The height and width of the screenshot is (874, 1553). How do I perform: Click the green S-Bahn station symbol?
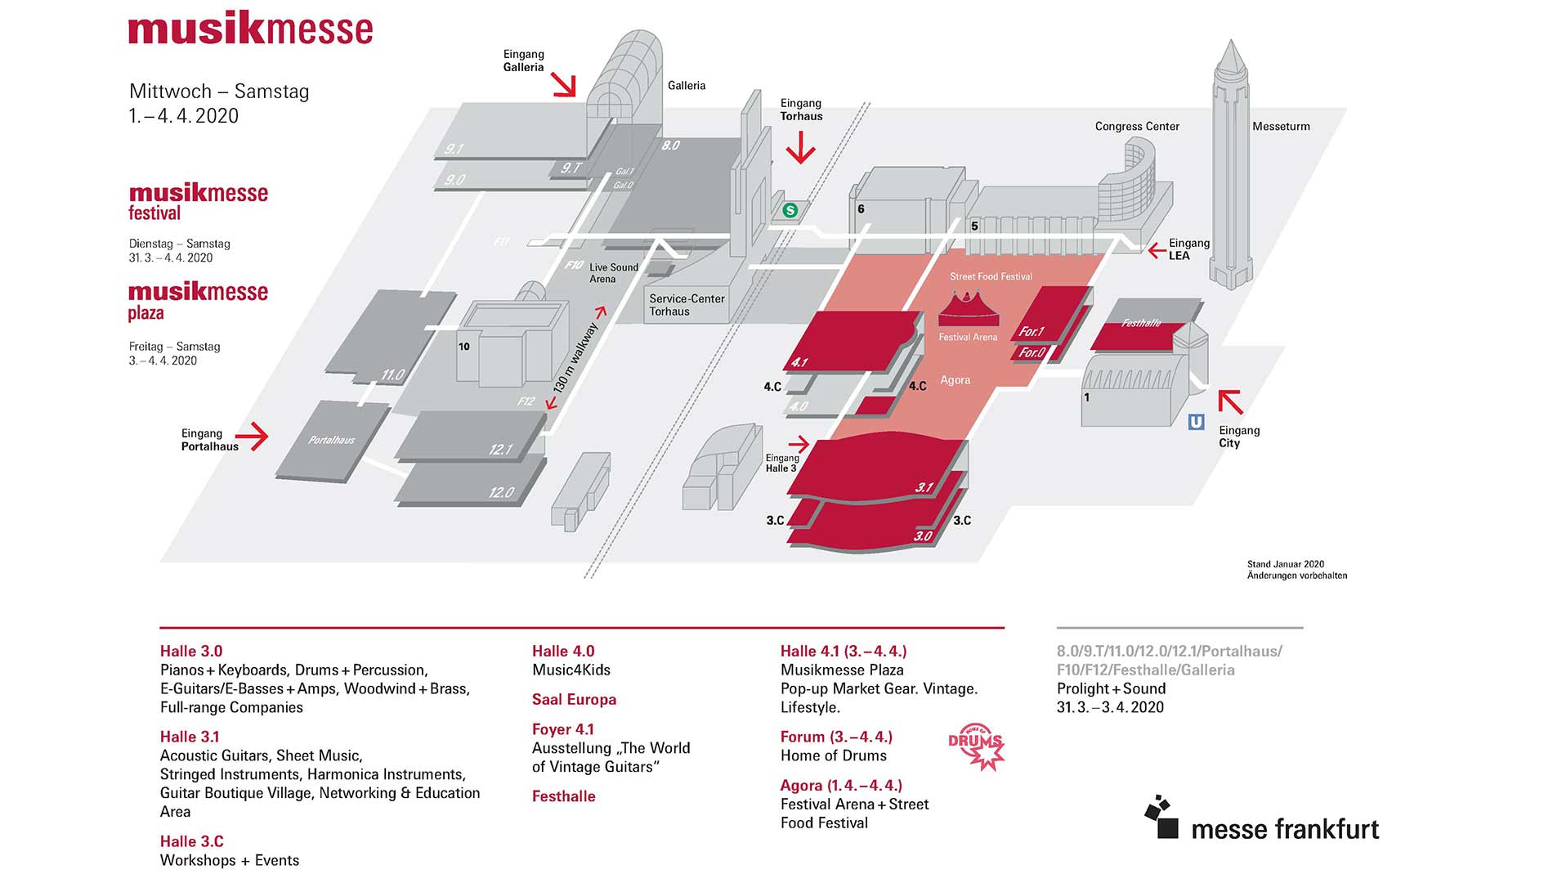click(790, 211)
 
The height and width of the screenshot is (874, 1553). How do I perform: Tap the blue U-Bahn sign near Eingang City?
click(1196, 422)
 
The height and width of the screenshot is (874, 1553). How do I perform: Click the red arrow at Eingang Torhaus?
click(800, 148)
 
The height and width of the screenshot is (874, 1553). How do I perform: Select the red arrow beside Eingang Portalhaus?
click(257, 436)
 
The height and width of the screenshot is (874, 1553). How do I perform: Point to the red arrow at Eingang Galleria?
click(563, 84)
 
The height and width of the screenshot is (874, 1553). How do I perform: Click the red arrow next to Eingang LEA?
click(1157, 250)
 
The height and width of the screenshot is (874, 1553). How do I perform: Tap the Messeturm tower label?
click(1281, 127)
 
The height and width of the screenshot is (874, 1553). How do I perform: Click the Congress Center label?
click(1137, 127)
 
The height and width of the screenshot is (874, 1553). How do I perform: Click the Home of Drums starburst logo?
click(976, 746)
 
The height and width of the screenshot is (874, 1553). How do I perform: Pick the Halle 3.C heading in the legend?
click(191, 841)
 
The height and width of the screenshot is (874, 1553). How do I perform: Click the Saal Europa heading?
click(574, 699)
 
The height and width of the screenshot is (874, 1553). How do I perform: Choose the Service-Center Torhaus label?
click(687, 305)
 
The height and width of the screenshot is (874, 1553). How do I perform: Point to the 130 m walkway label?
click(577, 356)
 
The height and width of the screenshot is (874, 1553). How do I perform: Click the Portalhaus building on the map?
click(330, 440)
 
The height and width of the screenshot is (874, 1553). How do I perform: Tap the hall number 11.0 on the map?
click(392, 375)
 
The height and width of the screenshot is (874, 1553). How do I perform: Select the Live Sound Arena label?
click(613, 273)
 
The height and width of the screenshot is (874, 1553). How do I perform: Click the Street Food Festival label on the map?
click(991, 277)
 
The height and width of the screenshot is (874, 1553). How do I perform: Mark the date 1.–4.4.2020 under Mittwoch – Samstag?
click(184, 116)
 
